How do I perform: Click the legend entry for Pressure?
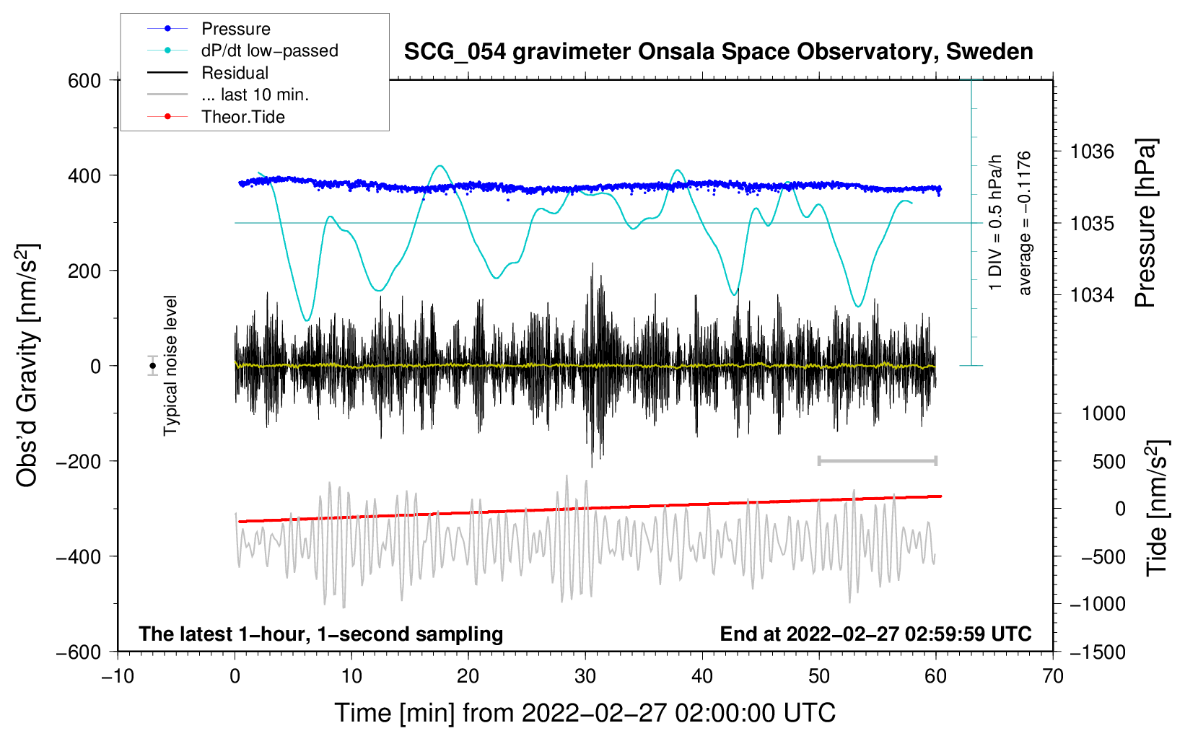(235, 29)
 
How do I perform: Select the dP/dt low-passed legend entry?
(269, 51)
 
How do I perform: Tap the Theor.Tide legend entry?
(242, 117)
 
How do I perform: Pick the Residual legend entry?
(235, 73)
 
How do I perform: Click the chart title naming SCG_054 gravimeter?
(718, 52)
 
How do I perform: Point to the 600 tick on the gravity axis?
(84, 81)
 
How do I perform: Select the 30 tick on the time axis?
(585, 676)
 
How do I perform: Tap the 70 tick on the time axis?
(1053, 676)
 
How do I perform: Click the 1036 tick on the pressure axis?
(1092, 152)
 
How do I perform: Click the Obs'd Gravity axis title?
(27, 366)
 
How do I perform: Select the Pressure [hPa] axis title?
(1145, 224)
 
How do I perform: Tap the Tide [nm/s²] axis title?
(1157, 508)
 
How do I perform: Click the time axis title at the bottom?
(585, 713)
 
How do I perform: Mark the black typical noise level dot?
(153, 366)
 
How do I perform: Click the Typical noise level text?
(170, 366)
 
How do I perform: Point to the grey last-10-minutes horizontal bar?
(877, 460)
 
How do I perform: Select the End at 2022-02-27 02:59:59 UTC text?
(875, 634)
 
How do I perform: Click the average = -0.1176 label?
(1025, 224)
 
